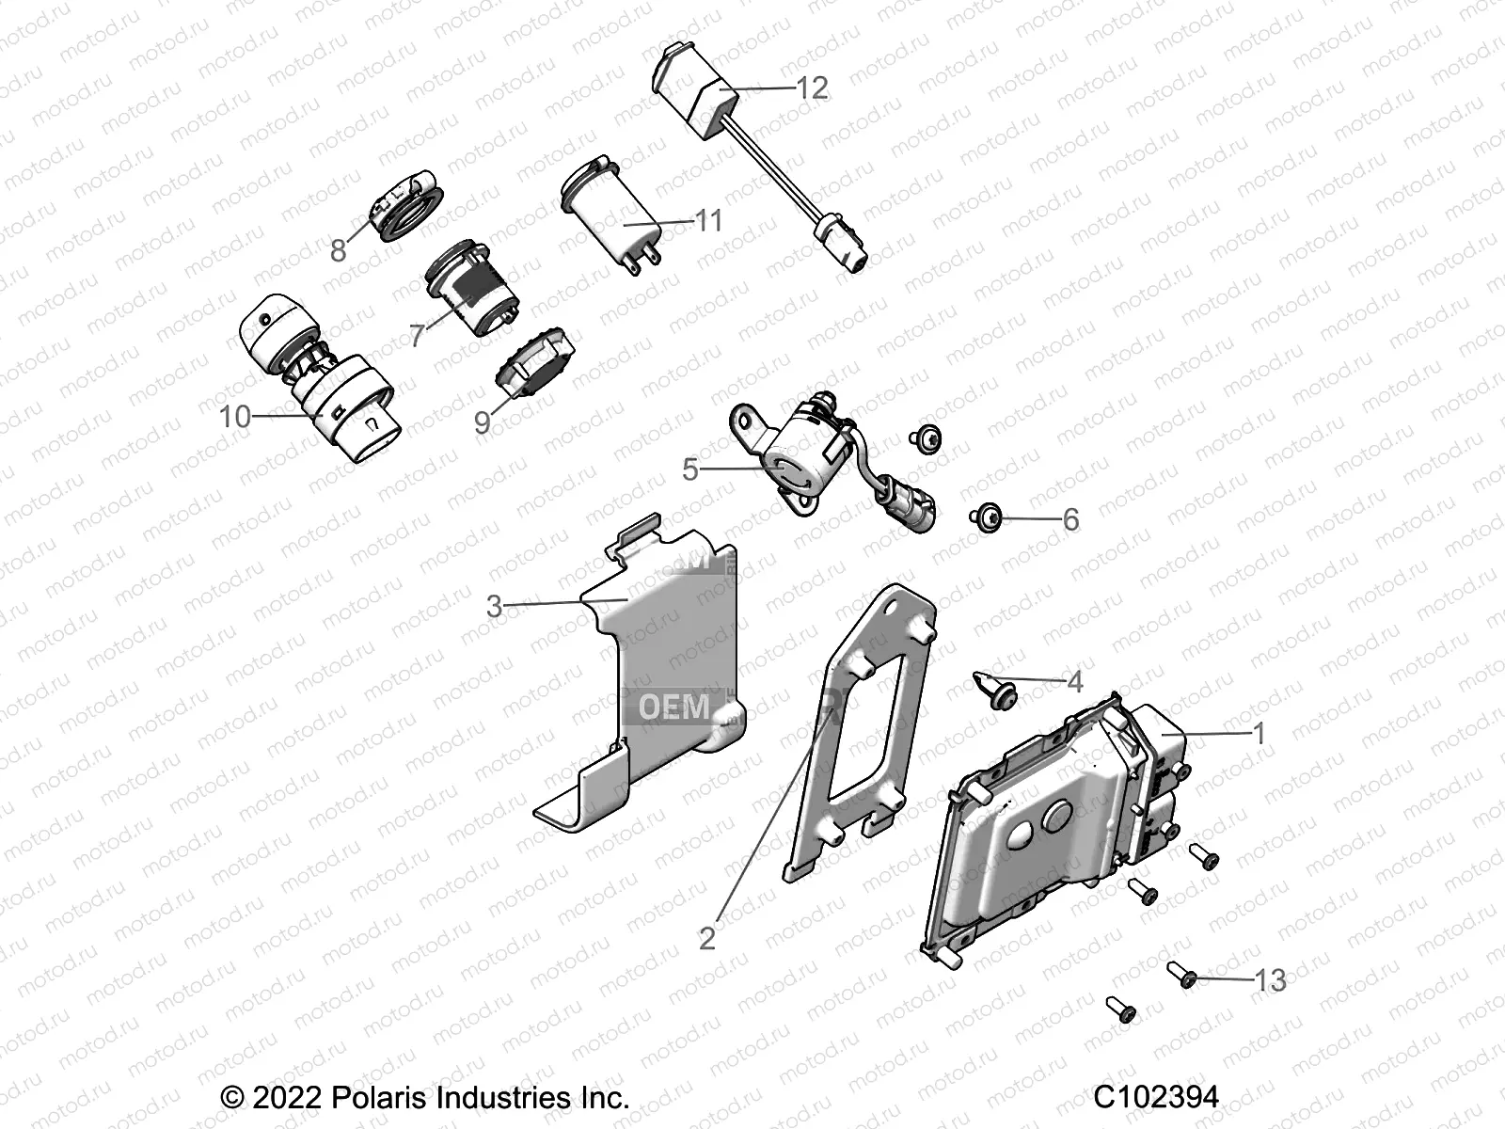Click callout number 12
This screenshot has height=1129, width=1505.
coord(812,87)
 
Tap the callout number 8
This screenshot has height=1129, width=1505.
coord(339,250)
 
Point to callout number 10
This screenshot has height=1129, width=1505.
coord(235,416)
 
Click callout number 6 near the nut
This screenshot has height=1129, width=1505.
coord(1070,519)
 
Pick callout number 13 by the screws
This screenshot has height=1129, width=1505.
coord(1270,980)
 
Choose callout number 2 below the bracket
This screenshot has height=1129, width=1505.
coord(707,938)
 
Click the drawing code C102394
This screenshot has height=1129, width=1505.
coord(1156,1097)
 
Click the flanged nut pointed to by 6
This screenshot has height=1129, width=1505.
coord(987,517)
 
